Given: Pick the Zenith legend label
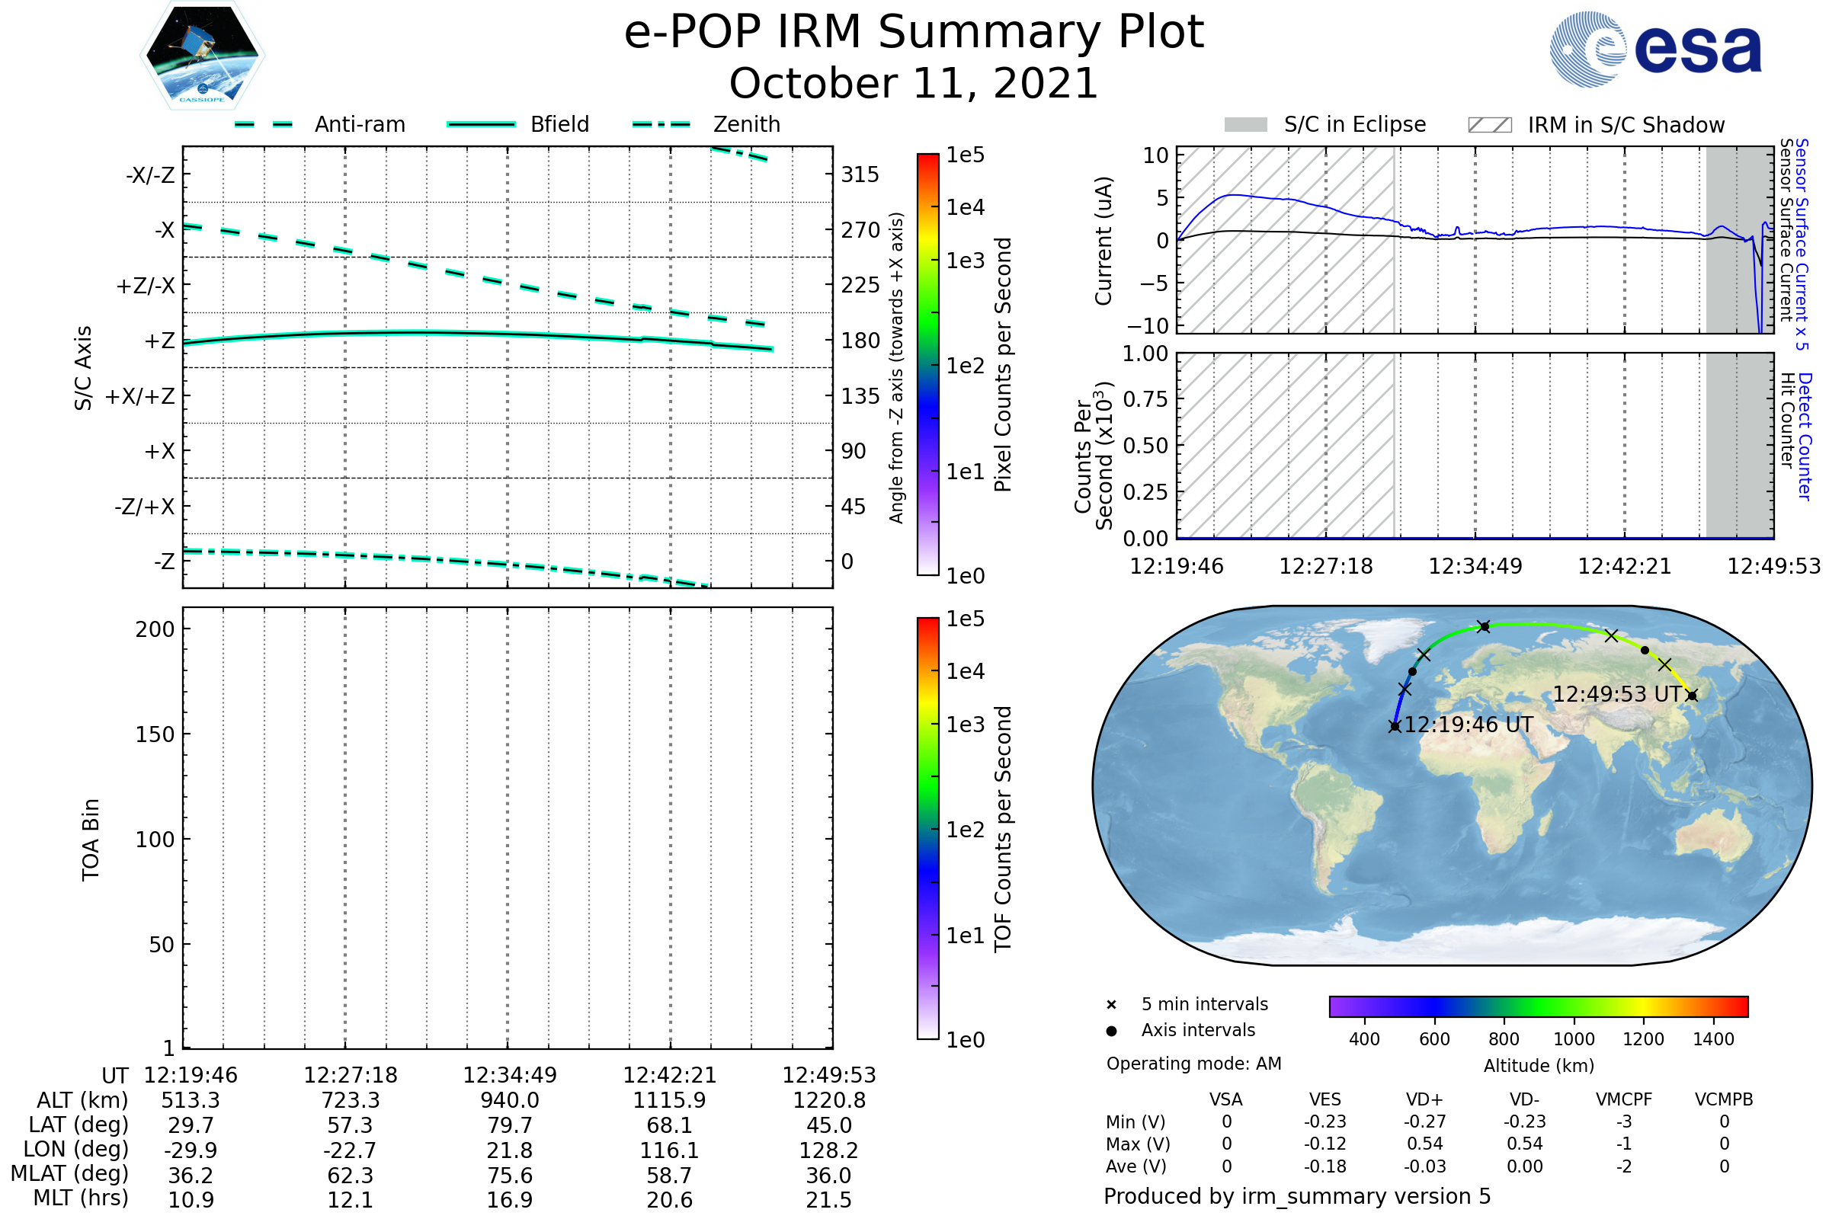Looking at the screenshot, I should [x=747, y=124].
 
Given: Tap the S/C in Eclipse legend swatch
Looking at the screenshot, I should [x=1245, y=125].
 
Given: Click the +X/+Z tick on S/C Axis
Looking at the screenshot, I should [x=140, y=396].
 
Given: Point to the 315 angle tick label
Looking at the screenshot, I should [x=860, y=174].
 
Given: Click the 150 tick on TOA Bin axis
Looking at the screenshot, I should [x=155, y=734].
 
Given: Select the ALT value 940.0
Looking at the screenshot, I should [x=509, y=1100].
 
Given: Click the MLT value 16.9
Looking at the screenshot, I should [x=509, y=1199].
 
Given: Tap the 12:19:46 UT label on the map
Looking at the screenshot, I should [x=1469, y=725].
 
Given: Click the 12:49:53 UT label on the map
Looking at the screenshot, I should [x=1616, y=694].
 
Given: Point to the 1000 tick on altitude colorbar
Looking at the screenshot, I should [x=1574, y=1039].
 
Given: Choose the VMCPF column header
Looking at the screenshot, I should [x=1624, y=1099].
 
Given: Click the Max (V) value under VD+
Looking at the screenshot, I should [x=1424, y=1144].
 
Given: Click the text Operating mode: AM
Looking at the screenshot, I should [x=1193, y=1064].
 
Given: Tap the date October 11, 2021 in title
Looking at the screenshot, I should [x=914, y=83].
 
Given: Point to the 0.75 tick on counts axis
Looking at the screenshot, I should [x=1145, y=399].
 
